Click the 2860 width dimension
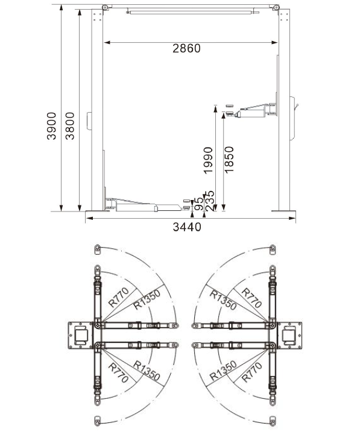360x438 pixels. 186,48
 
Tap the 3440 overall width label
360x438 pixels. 187,227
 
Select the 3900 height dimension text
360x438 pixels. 51,126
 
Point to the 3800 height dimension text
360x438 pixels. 69,126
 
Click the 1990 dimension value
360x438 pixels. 208,161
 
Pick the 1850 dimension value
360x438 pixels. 229,160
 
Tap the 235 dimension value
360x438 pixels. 209,201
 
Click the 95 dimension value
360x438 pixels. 199,204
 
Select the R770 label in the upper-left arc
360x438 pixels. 119,297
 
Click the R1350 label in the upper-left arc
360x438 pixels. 147,299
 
